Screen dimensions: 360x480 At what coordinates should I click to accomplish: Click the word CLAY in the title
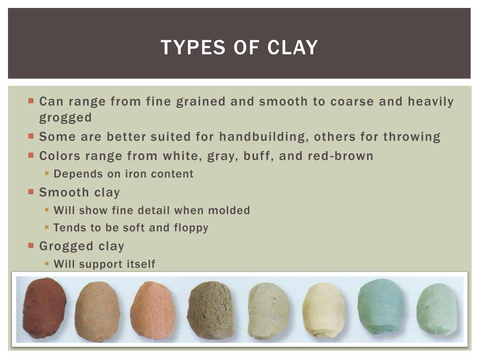pos(293,47)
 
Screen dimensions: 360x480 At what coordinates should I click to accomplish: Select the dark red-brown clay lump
pos(45,307)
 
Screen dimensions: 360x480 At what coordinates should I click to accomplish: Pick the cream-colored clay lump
pos(324,310)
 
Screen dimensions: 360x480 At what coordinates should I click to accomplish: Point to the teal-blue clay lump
pos(380,307)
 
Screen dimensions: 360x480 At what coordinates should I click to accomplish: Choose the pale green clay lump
pos(436,309)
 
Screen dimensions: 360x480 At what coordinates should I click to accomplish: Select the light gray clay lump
pos(268,310)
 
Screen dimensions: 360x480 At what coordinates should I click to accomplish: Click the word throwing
pos(412,137)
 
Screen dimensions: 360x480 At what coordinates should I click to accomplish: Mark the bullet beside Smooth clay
pos(31,192)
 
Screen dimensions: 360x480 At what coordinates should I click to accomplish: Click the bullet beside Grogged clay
pos(31,245)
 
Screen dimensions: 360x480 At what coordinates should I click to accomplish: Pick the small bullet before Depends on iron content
pos(47,173)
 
